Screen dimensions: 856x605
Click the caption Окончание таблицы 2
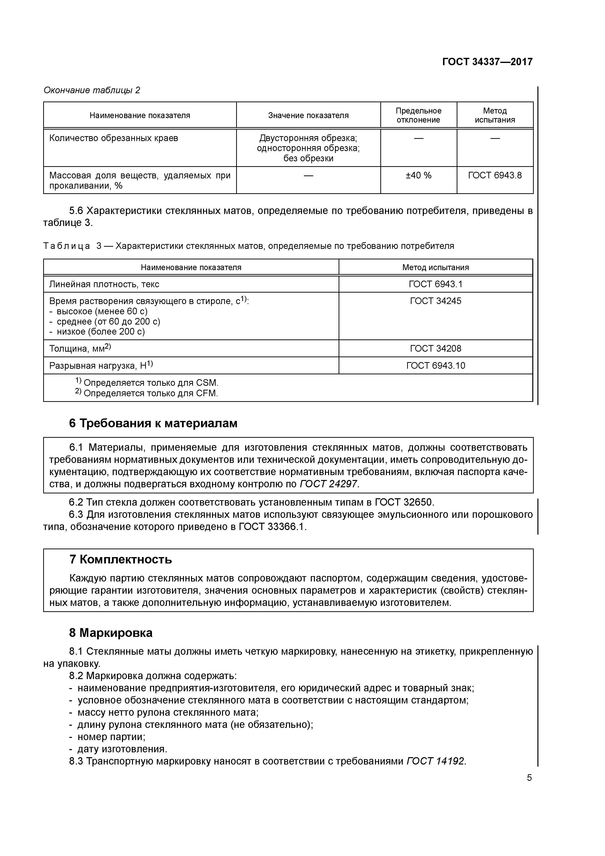(x=92, y=90)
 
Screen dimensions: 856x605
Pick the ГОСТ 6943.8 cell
(x=495, y=175)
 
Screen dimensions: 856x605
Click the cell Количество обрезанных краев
(x=114, y=138)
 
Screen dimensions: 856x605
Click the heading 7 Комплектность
(x=121, y=560)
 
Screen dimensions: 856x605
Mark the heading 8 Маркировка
(x=111, y=633)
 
